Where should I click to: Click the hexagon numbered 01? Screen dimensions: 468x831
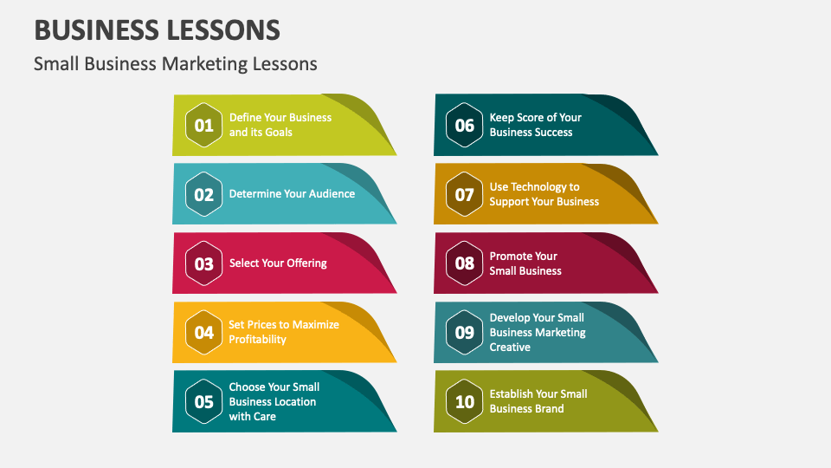[x=203, y=125]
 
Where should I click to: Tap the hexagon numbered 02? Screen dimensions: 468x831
[x=203, y=194]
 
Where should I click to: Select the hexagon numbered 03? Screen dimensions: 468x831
[x=203, y=263]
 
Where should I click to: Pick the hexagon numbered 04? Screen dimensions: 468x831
[x=203, y=332]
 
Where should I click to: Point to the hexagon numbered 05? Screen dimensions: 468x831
[x=203, y=401]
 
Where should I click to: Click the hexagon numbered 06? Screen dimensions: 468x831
[x=465, y=125]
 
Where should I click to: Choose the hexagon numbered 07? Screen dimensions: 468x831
[x=465, y=194]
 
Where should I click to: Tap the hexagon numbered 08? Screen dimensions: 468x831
[x=465, y=263]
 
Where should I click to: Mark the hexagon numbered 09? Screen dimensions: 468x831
[x=465, y=332]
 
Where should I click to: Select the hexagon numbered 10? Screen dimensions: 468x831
[x=465, y=401]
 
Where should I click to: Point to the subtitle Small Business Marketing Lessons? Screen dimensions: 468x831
[x=176, y=64]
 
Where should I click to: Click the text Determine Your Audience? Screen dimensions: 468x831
[x=292, y=194]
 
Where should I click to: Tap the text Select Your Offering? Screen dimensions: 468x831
[x=278, y=263]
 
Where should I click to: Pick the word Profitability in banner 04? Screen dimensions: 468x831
[x=257, y=340]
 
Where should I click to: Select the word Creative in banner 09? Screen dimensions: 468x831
[x=510, y=347]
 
